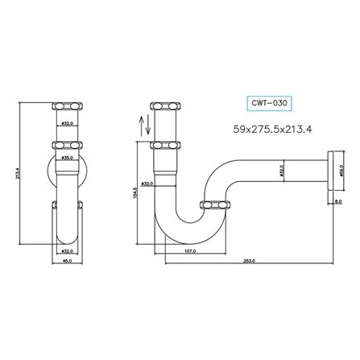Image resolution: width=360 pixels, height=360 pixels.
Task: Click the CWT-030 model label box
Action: coord(267,103)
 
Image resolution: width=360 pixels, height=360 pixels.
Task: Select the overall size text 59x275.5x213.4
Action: coord(272,128)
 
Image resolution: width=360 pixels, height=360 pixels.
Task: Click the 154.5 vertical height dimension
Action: coord(138,193)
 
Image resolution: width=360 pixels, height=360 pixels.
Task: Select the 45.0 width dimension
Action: coord(68,261)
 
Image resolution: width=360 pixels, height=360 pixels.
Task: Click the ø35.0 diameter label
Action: coord(68,159)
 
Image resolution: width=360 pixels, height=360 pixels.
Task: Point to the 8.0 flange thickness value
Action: coord(337,202)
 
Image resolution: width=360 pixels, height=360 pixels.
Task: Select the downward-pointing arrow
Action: coord(145,126)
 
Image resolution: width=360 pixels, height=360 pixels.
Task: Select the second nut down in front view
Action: coord(68,146)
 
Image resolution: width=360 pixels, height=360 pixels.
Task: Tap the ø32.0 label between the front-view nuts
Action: coord(68,124)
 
